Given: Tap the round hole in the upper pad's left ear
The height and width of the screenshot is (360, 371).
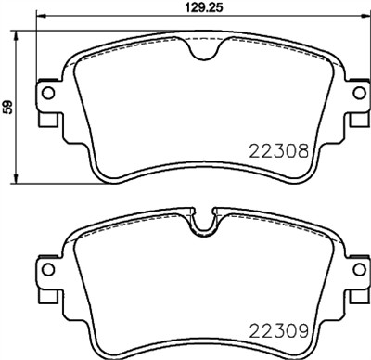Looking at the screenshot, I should [44, 93].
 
